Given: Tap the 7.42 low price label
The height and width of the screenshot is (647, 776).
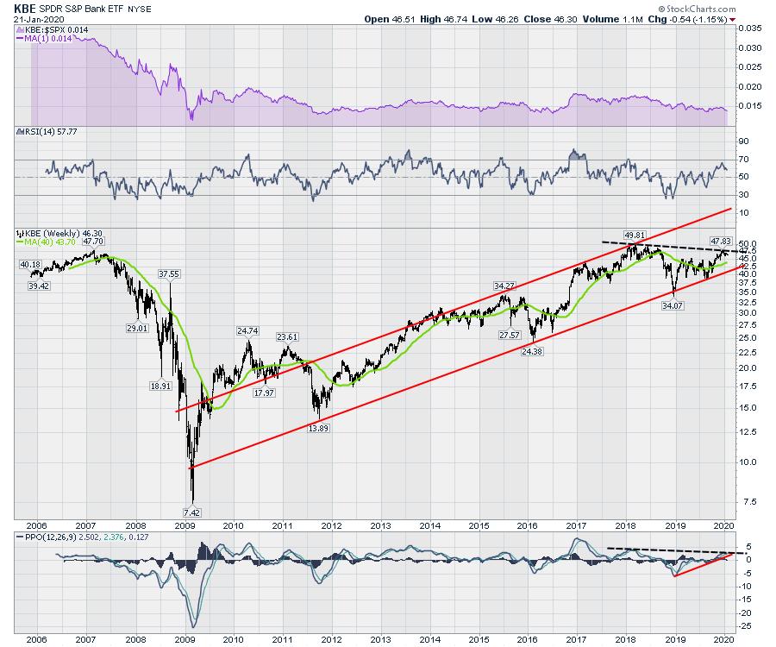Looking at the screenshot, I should pyautogui.click(x=193, y=511).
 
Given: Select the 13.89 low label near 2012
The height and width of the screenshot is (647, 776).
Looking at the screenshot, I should pyautogui.click(x=318, y=428).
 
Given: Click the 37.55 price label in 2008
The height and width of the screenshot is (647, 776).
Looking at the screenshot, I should pyautogui.click(x=170, y=273).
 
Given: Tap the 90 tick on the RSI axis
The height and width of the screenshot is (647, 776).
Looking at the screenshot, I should pyautogui.click(x=742, y=141).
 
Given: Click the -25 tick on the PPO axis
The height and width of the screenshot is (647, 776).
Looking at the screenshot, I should pyautogui.click(x=744, y=625).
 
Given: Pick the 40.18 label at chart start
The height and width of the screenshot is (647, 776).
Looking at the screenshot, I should pyautogui.click(x=31, y=264).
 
